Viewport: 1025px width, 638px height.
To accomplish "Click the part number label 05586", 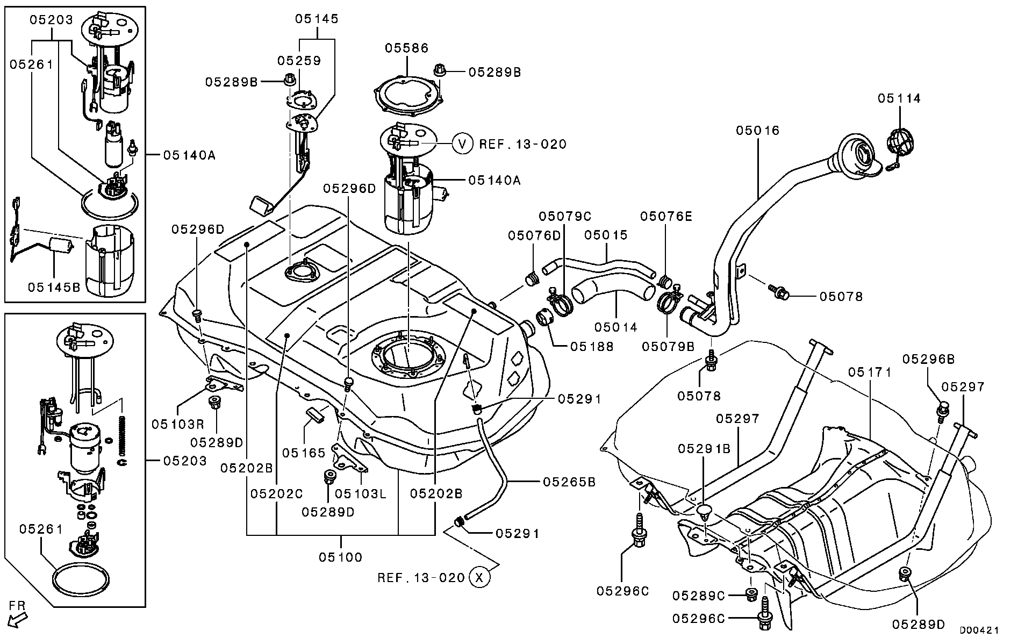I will tap(406, 48).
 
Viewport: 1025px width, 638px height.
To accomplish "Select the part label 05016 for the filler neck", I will tap(757, 131).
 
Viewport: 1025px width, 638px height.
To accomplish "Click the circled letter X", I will tap(479, 577).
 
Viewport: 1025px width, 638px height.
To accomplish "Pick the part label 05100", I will tap(341, 557).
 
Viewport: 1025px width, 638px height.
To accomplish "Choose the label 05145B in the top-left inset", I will tap(54, 288).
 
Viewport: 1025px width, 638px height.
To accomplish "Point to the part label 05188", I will tap(592, 347).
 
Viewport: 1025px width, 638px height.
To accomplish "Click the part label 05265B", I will tap(569, 482).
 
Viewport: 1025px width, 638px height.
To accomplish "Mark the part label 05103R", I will tap(177, 424).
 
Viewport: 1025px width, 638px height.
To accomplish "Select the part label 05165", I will tap(304, 453).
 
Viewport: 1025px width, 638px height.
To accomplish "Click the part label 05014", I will tap(616, 327).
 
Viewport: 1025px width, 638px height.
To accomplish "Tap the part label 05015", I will tap(606, 235).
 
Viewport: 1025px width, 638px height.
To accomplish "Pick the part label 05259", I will tap(299, 61).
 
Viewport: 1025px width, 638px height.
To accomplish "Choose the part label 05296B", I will tap(928, 359).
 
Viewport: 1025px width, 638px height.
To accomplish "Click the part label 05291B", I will tap(704, 448).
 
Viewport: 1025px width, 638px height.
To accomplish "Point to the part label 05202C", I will tap(276, 493).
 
